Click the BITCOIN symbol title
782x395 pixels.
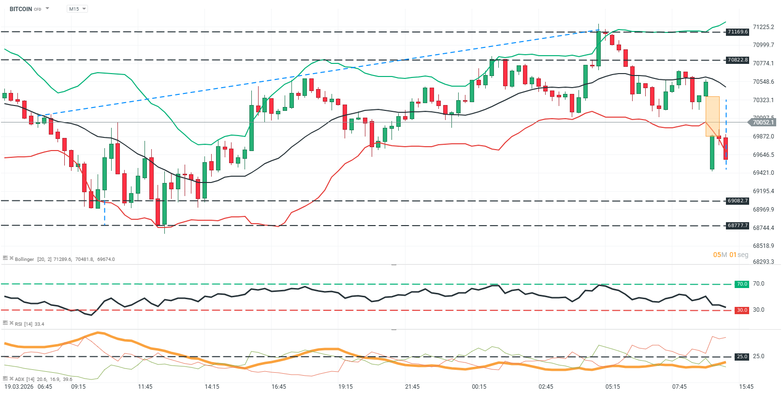tap(21, 9)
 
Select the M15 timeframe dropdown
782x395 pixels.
tap(77, 9)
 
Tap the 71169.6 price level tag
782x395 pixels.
tap(738, 32)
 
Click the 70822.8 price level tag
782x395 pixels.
tap(738, 60)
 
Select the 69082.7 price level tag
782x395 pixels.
tap(738, 201)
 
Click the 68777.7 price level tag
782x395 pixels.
tap(738, 226)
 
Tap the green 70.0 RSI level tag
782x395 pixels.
tap(742, 284)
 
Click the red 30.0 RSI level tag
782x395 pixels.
tap(742, 310)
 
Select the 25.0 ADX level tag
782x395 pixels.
tap(742, 357)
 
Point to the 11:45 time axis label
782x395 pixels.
tap(145, 387)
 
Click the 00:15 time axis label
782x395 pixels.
tap(479, 387)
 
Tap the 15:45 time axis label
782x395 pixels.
tap(746, 387)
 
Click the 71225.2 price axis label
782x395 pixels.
tap(763, 27)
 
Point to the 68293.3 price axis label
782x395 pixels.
tap(763, 262)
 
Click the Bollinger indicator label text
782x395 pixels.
tap(24, 259)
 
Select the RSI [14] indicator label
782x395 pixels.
tap(23, 324)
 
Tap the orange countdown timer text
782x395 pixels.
tap(730, 255)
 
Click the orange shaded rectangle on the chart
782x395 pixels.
tap(712, 116)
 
